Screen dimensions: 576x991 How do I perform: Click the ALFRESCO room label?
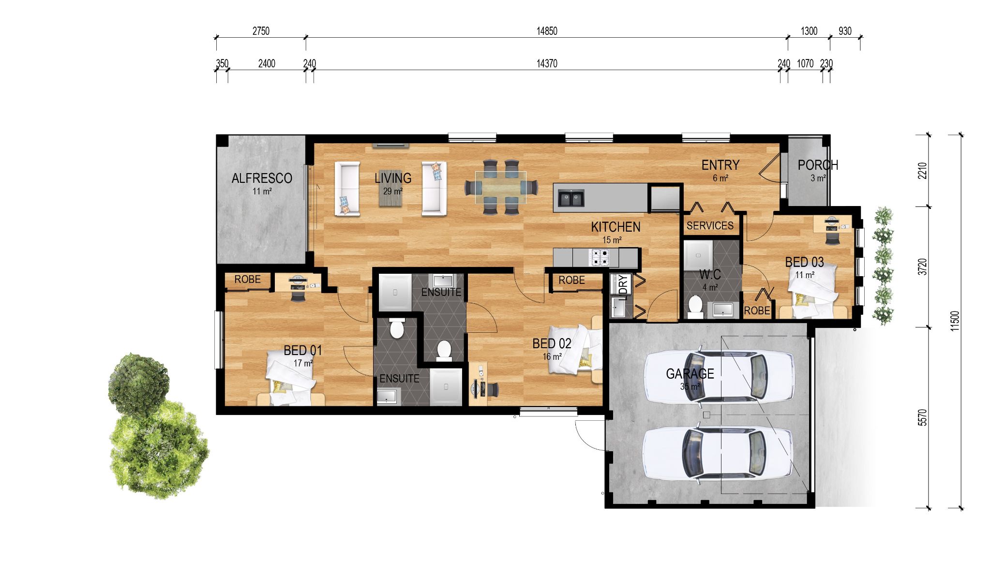coord(261,178)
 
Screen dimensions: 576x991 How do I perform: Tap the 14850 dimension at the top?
coord(546,31)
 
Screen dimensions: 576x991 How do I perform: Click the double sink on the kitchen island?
coord(571,198)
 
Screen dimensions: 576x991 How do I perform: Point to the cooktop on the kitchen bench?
coord(599,257)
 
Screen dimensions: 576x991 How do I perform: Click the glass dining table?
coord(500,187)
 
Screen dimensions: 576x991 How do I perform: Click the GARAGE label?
coord(690,374)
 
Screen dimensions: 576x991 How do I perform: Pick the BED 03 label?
coord(804,263)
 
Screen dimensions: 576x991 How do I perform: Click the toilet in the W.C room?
coord(695,306)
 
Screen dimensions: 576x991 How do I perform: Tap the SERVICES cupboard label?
coord(710,226)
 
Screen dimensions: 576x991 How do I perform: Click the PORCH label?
coord(817,165)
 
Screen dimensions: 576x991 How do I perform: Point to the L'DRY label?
coord(624,285)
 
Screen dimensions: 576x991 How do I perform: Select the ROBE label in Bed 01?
coord(247,280)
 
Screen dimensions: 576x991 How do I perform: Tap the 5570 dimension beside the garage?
coord(923,417)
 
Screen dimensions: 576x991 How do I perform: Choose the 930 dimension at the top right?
coord(844,31)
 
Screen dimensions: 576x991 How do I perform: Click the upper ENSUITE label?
coord(441,292)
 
